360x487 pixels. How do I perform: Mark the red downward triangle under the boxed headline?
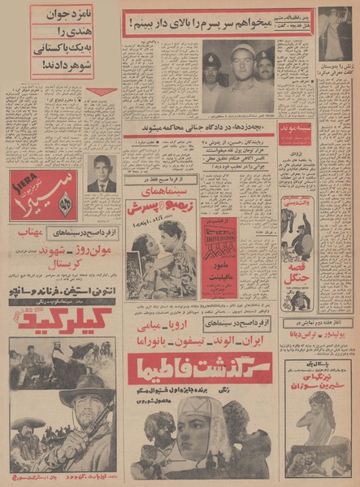point(102,92)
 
